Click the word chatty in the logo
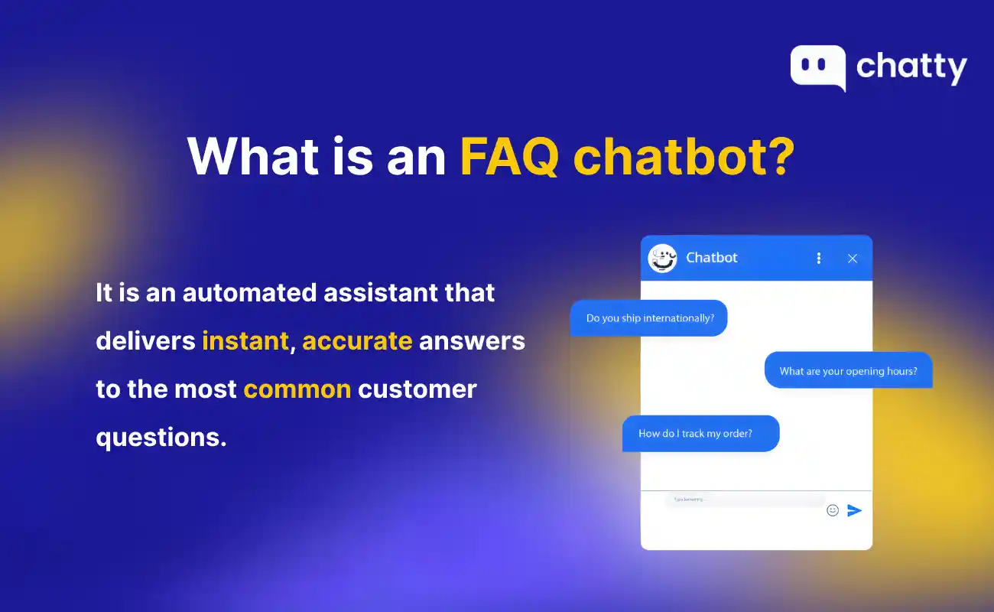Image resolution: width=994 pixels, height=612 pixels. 911,67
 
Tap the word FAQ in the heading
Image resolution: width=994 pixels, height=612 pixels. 508,156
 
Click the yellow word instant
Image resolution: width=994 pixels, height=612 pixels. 245,340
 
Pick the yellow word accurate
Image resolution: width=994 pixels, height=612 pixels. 357,340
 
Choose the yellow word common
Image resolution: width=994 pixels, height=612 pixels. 297,389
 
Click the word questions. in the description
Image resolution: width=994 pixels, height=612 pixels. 161,437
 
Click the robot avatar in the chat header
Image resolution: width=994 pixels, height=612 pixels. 662,259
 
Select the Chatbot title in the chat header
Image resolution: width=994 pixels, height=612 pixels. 712,258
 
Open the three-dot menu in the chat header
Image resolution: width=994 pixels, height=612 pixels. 819,259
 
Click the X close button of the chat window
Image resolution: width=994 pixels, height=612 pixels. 853,259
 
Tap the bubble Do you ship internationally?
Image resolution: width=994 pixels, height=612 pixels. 648,318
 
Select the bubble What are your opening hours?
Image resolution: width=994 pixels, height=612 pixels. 848,371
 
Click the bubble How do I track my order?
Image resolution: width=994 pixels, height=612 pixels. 700,434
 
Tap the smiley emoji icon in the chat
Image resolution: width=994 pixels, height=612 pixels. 833,510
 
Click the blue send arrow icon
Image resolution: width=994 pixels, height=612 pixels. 854,510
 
